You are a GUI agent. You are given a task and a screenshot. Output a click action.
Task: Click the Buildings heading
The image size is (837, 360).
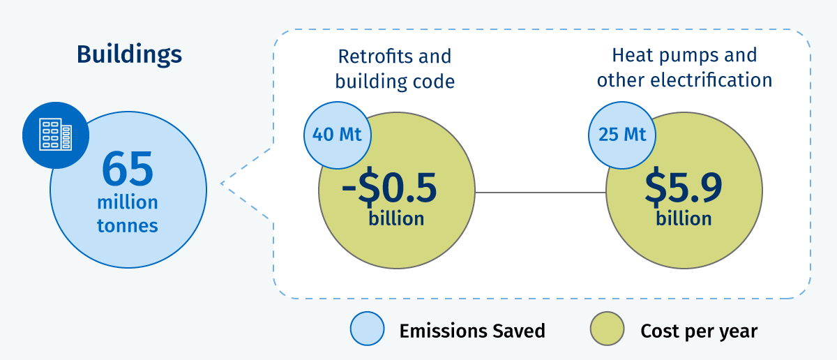pos(129,55)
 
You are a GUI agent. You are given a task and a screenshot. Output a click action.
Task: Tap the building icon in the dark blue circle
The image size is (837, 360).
pos(56,135)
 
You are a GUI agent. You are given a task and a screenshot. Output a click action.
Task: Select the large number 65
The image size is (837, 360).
pos(128,169)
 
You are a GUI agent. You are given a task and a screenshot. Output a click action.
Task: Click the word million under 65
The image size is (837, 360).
pos(128,202)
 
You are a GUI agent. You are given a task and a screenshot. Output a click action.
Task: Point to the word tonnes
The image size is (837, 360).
pos(128,226)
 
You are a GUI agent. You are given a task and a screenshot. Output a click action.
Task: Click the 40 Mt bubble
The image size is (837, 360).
pos(338,135)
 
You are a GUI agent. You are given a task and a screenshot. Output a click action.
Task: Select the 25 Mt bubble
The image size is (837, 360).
pos(622,135)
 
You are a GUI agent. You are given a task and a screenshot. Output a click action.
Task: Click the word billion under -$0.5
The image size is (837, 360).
pos(396,218)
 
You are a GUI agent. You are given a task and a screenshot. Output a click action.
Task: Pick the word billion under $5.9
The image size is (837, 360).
pos(684,218)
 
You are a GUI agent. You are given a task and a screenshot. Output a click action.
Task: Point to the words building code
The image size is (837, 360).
pos(395,82)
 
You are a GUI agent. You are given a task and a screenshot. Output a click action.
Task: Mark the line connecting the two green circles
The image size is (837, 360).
pos(541,193)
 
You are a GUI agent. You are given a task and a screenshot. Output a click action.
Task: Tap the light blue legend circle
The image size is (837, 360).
pos(368,329)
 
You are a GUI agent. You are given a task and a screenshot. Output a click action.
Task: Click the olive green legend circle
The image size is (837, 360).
pos(608,329)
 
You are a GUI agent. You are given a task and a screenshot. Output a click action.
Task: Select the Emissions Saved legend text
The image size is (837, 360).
pos(472,331)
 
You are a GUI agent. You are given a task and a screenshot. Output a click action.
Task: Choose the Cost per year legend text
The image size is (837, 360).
pos(699,331)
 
